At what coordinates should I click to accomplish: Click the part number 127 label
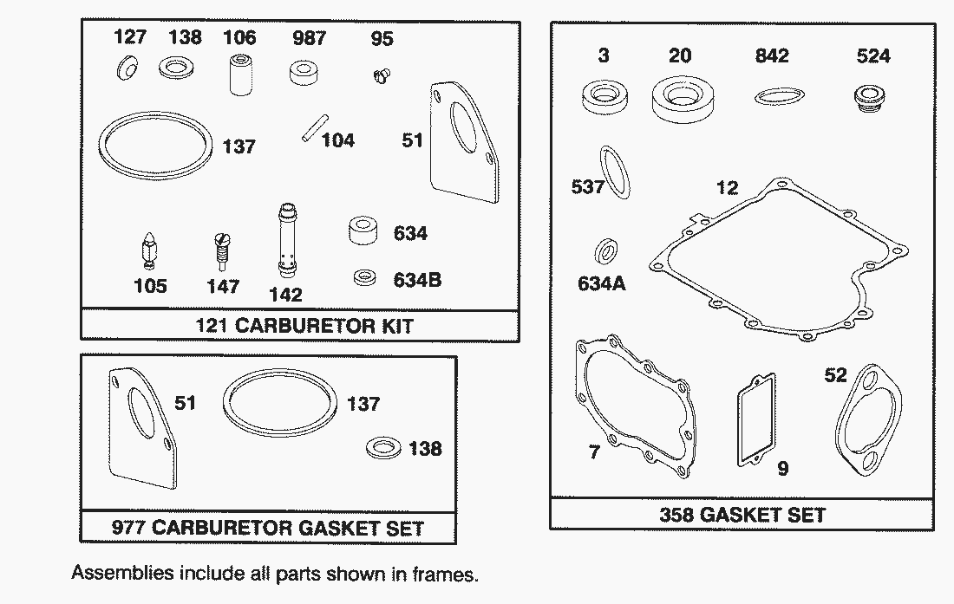pyautogui.click(x=129, y=37)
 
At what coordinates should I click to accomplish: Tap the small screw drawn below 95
pyautogui.click(x=382, y=76)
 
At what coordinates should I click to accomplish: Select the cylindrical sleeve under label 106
pyautogui.click(x=240, y=75)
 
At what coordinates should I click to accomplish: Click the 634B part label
pyautogui.click(x=417, y=280)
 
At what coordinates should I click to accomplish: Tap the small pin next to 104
pyautogui.click(x=315, y=129)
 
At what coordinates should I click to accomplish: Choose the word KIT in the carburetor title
pyautogui.click(x=397, y=326)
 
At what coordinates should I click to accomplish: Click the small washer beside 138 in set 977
pyautogui.click(x=384, y=448)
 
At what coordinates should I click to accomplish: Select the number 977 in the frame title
pyautogui.click(x=128, y=528)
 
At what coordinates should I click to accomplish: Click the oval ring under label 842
pyautogui.click(x=780, y=96)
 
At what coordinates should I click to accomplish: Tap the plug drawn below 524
pyautogui.click(x=869, y=98)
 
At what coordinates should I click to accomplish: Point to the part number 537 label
pyautogui.click(x=587, y=186)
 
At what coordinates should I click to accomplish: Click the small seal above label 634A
pyautogui.click(x=606, y=251)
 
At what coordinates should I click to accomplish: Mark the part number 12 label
pyautogui.click(x=727, y=187)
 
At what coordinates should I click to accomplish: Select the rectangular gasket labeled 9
pyautogui.click(x=757, y=420)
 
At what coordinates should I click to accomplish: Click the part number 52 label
pyautogui.click(x=835, y=375)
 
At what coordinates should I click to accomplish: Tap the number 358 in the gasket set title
pyautogui.click(x=676, y=516)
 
